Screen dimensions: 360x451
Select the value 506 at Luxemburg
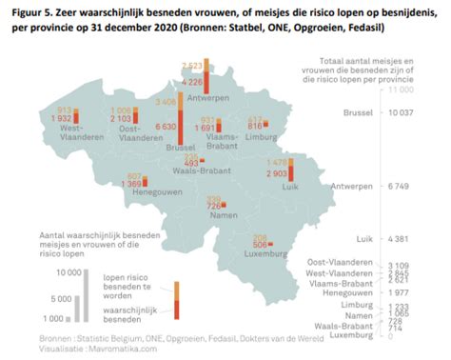tap(261, 246)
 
